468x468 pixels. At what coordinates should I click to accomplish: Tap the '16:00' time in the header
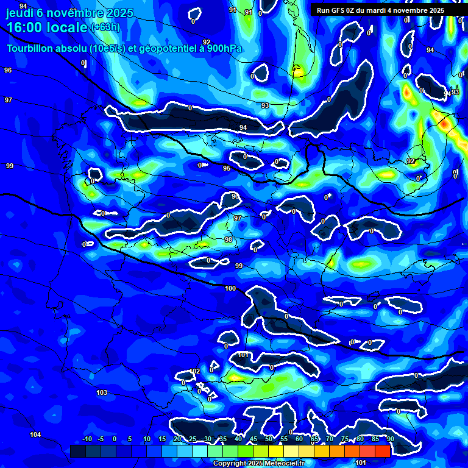24,28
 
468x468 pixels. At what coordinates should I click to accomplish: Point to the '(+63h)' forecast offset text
105,27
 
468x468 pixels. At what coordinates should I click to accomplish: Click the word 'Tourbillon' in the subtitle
30,48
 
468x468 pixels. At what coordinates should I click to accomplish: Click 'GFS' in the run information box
339,10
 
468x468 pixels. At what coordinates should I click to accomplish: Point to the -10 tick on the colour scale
87,439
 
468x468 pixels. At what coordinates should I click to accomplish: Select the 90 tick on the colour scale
390,439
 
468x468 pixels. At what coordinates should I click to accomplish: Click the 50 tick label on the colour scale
269,439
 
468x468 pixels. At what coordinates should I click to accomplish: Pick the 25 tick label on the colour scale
193,439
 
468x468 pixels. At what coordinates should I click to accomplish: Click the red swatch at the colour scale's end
383,451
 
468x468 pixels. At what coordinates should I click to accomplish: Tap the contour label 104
35,434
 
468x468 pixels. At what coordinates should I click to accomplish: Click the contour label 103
102,392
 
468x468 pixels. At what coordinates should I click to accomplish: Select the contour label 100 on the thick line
230,288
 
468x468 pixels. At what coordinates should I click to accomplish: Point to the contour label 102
195,371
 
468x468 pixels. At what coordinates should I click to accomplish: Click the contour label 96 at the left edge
8,70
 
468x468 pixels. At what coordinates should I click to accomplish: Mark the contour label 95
226,168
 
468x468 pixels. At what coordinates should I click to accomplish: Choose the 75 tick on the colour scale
345,439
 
